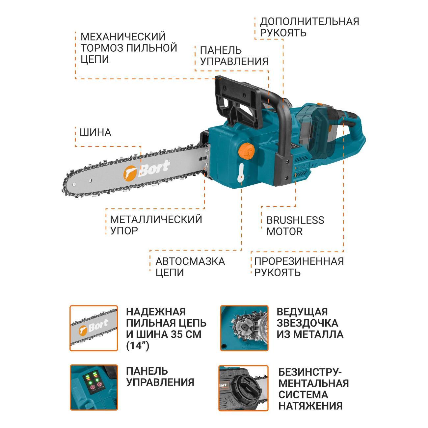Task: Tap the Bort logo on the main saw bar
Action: click(147, 169)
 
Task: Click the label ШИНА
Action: click(95, 132)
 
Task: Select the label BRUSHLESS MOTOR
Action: click(295, 226)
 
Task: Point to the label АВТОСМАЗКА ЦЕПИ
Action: click(190, 267)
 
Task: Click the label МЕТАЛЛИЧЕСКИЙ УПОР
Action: click(156, 225)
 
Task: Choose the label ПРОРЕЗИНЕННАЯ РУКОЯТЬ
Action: click(299, 267)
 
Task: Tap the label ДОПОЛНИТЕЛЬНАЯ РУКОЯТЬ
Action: click(309, 27)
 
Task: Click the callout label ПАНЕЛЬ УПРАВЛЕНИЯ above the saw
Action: click(234, 56)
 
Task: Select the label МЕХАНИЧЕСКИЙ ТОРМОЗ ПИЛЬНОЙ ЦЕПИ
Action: click(129, 48)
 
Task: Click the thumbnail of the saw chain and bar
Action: click(94, 328)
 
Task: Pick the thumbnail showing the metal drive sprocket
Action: click(244, 328)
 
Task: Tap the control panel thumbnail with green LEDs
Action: click(94, 388)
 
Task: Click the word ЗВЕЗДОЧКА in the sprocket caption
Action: click(307, 323)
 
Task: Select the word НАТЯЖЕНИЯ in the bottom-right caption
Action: click(310, 406)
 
